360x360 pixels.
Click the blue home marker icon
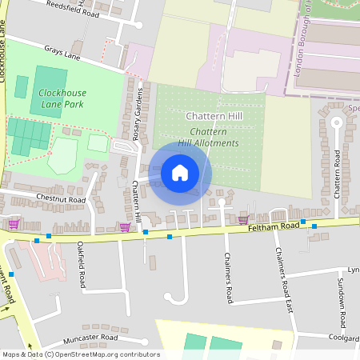pyautogui.click(x=180, y=172)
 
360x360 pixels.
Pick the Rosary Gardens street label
pyautogui.click(x=137, y=113)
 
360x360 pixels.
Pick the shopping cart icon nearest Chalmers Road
pyautogui.click(x=243, y=219)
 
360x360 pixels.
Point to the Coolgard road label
pyautogui.click(x=342, y=338)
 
